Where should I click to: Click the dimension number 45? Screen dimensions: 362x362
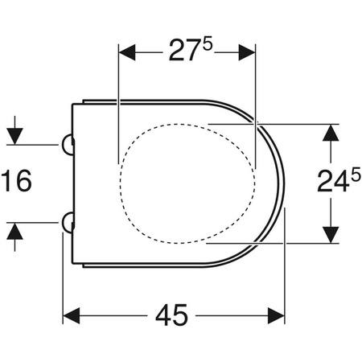pos(171,315)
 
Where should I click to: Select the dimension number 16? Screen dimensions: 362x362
pos(17,181)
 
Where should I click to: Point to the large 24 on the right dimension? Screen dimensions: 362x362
pos(333,181)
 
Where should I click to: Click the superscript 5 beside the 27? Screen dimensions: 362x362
pos(208,44)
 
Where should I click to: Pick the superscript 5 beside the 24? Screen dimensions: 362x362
pos(356,178)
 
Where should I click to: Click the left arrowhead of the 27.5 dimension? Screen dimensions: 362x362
pos(127,52)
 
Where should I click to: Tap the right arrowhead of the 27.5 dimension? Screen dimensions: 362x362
pos(247,52)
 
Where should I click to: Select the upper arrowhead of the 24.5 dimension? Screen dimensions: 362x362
pos(331,133)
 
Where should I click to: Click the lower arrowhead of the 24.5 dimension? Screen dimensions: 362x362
pos(331,235)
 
